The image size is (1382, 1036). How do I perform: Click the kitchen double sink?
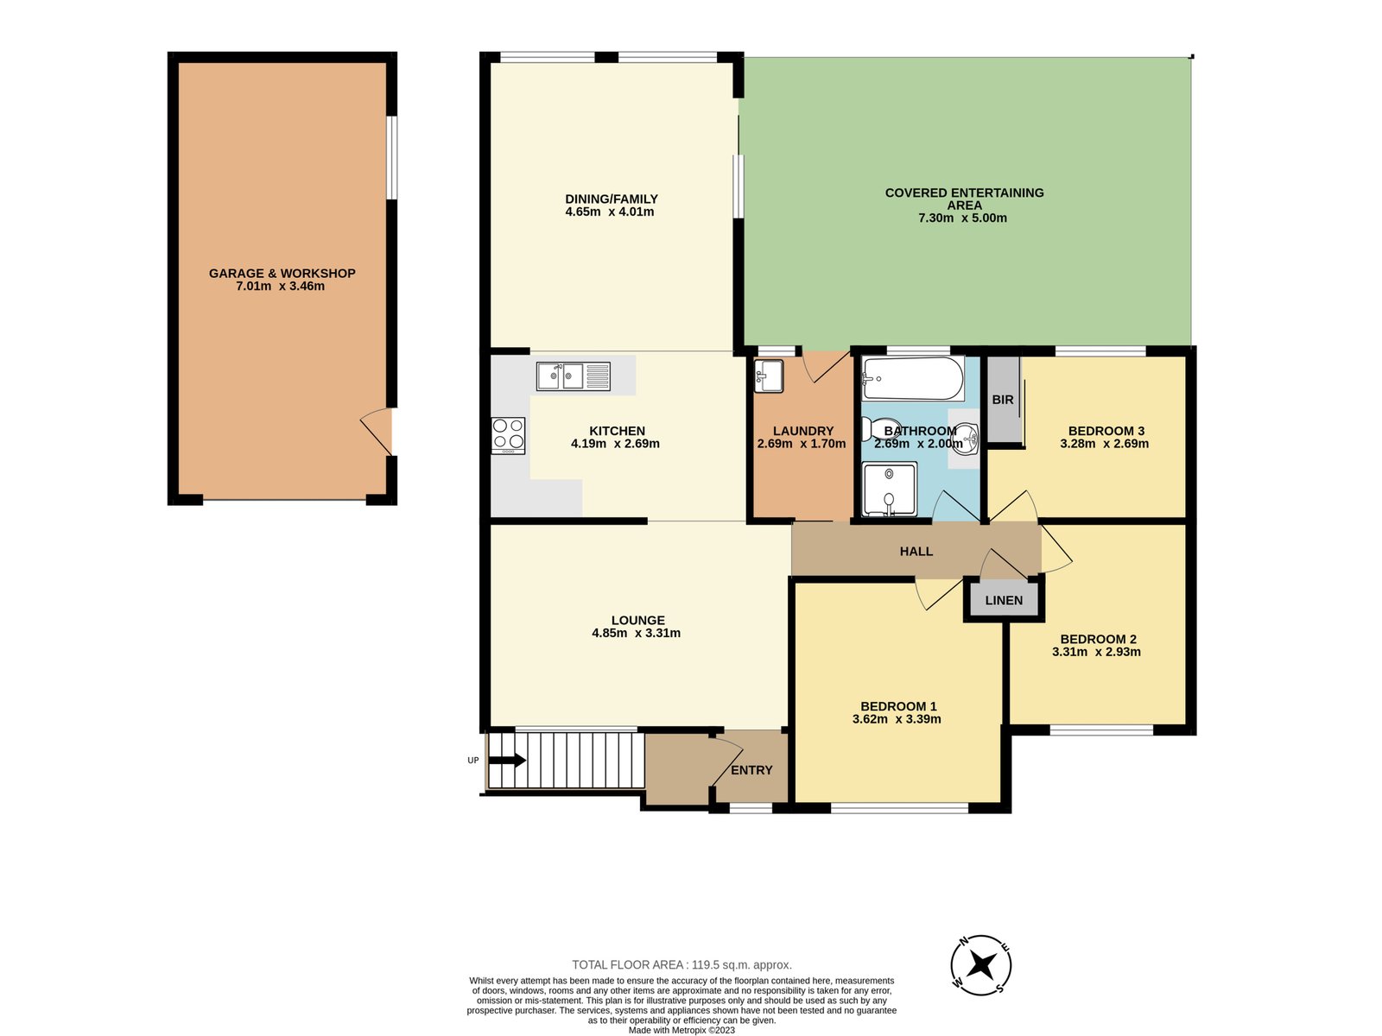point(573,376)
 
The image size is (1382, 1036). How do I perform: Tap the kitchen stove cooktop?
point(508,435)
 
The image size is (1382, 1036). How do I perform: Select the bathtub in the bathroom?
point(913,379)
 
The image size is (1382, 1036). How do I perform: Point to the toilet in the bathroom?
point(881,429)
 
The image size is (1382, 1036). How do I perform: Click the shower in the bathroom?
point(889,489)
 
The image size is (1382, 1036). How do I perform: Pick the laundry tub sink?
point(769,376)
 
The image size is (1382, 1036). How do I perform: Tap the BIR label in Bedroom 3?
point(1002,400)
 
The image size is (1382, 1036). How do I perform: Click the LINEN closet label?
point(1004,601)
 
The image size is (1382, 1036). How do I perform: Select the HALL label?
point(916,552)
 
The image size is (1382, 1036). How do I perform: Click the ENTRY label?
point(751,771)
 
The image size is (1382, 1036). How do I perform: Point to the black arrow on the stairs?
point(507,761)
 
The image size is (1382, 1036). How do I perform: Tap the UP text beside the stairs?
point(472,761)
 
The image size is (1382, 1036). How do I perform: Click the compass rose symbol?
point(980,965)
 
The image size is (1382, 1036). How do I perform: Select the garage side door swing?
point(376,431)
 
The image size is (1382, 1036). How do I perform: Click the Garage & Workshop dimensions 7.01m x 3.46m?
point(280,287)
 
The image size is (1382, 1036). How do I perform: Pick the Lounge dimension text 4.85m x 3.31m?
point(636,633)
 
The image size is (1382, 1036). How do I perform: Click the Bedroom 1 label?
point(898,706)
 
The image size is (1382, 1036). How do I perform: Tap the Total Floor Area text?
point(681,965)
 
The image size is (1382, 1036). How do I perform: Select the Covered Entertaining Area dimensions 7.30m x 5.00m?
point(962,218)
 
